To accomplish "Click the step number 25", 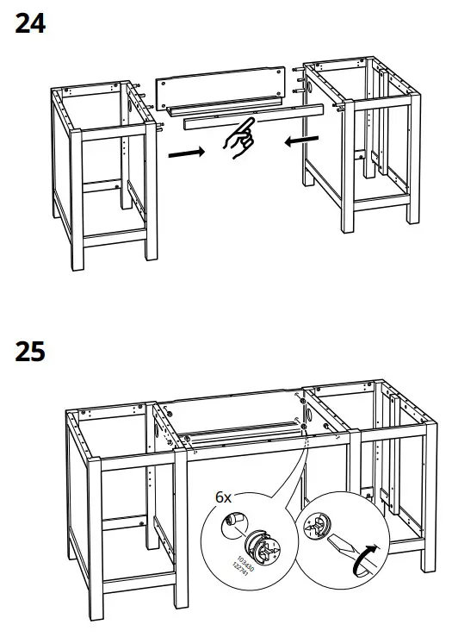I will pos(30,353).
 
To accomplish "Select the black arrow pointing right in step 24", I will pos(187,153).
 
